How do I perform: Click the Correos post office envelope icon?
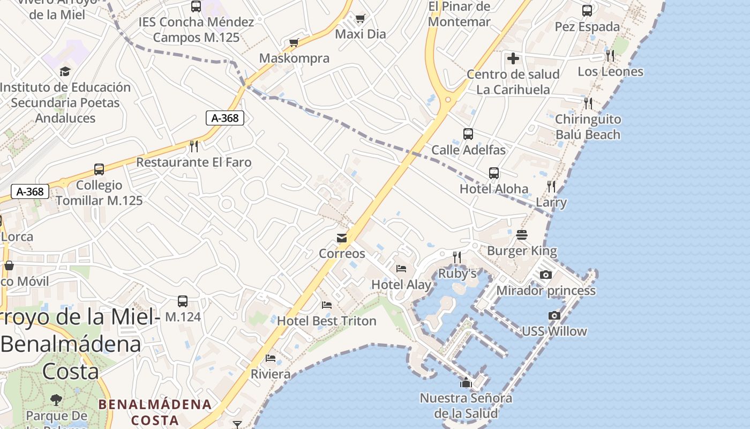[342, 238]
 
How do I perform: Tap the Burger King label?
[522, 250]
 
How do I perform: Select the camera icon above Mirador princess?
[546, 275]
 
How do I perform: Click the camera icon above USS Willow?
[554, 316]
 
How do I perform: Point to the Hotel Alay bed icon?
[401, 269]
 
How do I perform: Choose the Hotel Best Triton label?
[327, 321]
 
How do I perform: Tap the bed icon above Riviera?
[271, 358]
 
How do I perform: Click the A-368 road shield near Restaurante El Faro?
[225, 118]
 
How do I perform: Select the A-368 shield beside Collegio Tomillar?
[30, 191]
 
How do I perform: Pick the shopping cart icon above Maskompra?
[294, 42]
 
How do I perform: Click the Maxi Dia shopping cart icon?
[361, 19]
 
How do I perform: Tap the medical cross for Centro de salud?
[513, 58]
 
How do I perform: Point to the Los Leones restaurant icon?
[610, 55]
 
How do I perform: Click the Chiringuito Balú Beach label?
[588, 127]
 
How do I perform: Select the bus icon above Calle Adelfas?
[468, 134]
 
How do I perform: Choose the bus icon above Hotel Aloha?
[494, 173]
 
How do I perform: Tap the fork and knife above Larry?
[551, 187]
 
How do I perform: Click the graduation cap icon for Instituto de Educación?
[65, 71]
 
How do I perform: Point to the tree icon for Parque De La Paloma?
[56, 400]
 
